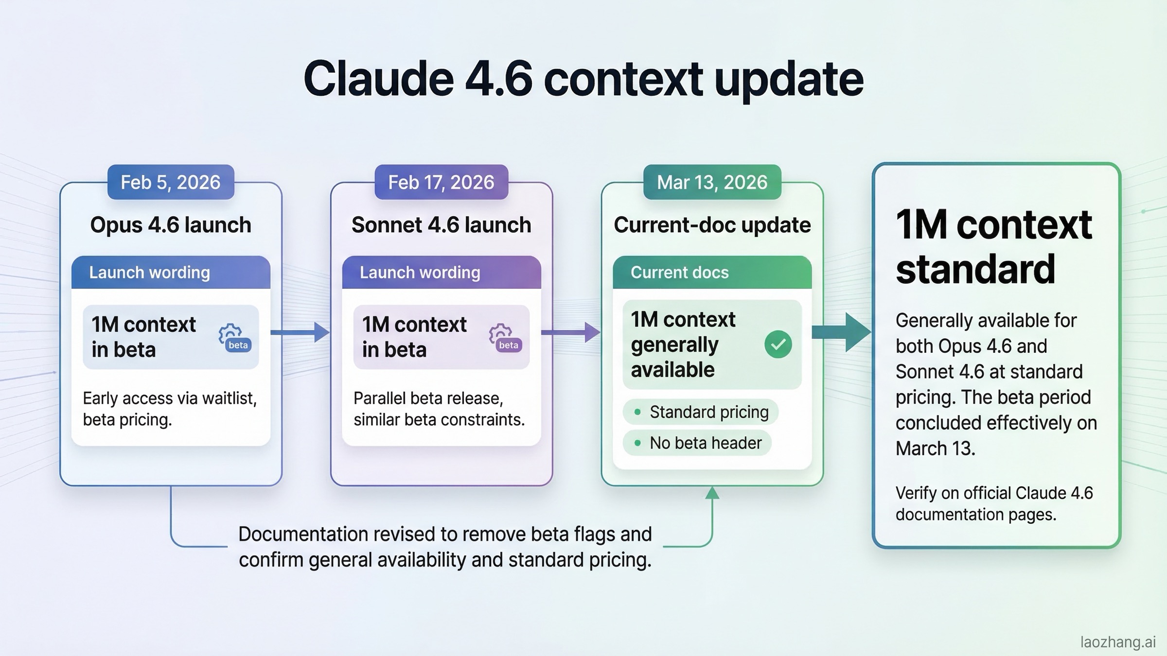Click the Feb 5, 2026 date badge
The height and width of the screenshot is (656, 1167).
[x=171, y=182]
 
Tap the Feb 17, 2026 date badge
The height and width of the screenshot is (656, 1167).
[x=441, y=182]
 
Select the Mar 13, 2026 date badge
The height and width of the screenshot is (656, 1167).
[x=712, y=182]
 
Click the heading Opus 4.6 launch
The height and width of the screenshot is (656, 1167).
[x=171, y=225]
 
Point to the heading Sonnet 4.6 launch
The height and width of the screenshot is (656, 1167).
[x=441, y=225]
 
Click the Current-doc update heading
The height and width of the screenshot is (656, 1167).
[x=712, y=225]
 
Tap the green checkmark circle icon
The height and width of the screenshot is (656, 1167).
[x=778, y=344]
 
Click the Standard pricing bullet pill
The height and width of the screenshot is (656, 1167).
[x=701, y=412]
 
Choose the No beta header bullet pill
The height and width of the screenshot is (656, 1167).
[x=697, y=443]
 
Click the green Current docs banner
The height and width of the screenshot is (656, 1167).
[x=712, y=272]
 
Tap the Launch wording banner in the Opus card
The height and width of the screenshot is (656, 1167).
[x=171, y=272]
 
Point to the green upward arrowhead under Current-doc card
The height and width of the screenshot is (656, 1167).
[x=712, y=493]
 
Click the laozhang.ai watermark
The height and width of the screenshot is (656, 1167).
[x=1117, y=642]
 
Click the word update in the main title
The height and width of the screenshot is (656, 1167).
[x=788, y=79]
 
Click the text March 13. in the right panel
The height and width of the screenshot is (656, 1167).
[x=935, y=449]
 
